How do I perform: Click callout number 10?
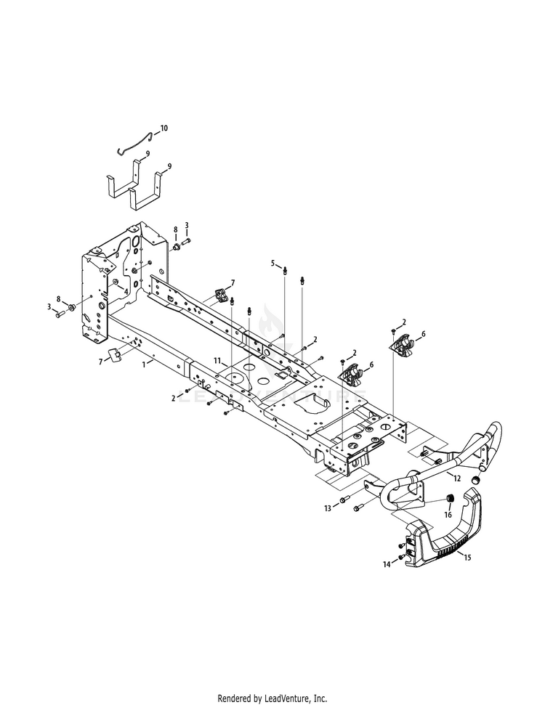[x=163, y=128]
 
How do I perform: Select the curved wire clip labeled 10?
[x=134, y=144]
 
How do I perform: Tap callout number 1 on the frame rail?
[x=144, y=364]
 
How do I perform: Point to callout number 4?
[x=126, y=292]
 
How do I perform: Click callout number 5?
[x=272, y=263]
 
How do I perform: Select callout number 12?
[x=457, y=478]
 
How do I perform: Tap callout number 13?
[x=328, y=508]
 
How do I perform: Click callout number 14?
[x=387, y=565]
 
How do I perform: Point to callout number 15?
[x=467, y=558]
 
